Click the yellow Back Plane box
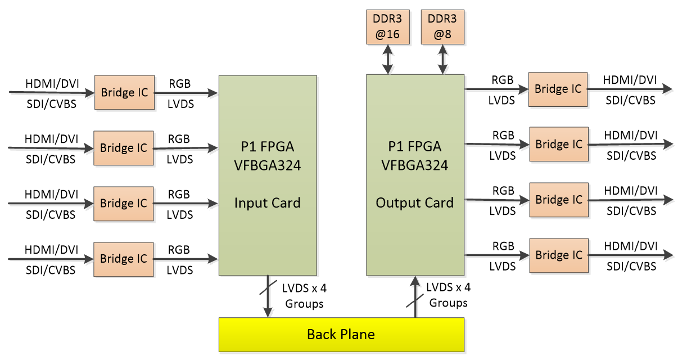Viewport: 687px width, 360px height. [x=341, y=335]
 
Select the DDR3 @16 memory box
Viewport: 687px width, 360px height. [x=387, y=26]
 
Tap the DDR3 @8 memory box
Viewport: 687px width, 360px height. [x=442, y=26]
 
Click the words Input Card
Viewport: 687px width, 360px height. [x=267, y=203]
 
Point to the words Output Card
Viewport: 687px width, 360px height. [x=415, y=203]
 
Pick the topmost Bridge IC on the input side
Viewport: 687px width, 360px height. [x=124, y=92]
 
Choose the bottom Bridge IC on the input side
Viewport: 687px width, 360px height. [x=124, y=259]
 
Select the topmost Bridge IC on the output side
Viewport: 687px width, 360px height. [x=558, y=89]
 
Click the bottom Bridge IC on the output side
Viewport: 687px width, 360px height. [x=559, y=255]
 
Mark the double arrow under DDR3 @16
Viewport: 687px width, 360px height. [x=387, y=59]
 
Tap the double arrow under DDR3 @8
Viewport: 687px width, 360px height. [x=442, y=59]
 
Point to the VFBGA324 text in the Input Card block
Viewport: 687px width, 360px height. [x=267, y=165]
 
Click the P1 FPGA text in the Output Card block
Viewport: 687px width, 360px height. [x=415, y=146]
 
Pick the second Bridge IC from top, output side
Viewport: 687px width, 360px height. [x=559, y=145]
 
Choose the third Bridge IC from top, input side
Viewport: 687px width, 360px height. [x=124, y=203]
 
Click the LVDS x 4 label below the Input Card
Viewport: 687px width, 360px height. [x=304, y=289]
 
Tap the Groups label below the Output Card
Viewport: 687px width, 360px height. [x=449, y=303]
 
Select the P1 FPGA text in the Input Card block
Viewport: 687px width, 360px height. [x=267, y=147]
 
